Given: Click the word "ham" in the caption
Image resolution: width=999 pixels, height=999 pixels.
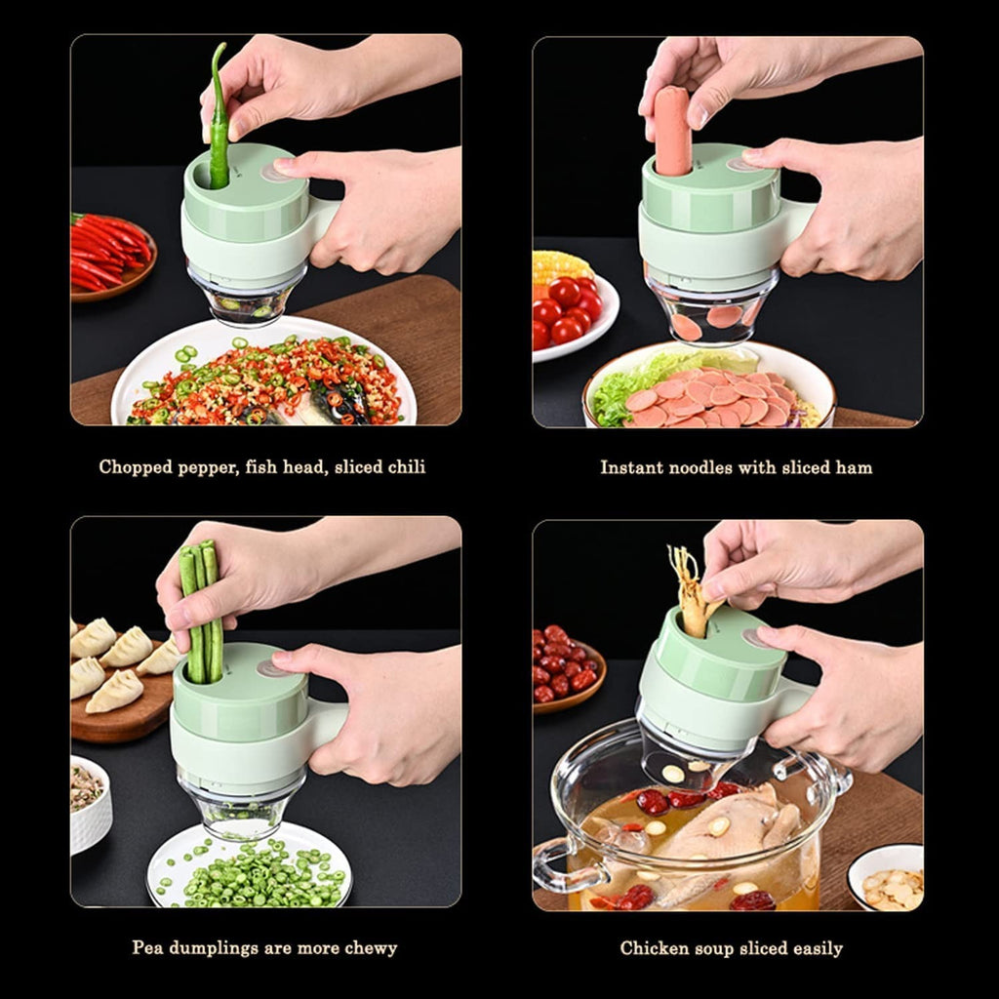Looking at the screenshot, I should [x=855, y=467].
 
